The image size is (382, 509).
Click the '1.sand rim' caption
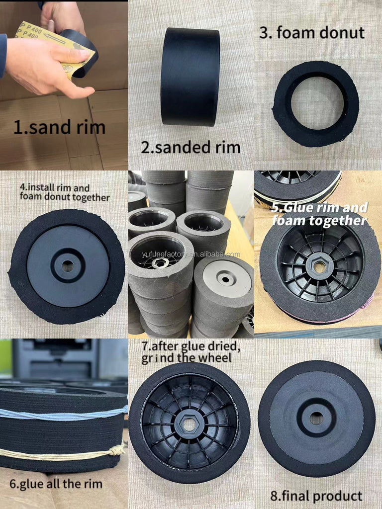click(59, 128)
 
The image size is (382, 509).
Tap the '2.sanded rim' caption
click(191, 148)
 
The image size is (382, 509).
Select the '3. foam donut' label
click(312, 33)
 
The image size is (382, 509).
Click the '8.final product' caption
click(316, 497)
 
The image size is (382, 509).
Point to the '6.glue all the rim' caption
click(56, 484)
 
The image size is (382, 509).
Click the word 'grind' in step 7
click(158, 358)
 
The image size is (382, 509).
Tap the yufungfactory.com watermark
click(191, 254)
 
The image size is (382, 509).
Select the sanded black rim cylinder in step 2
click(190, 77)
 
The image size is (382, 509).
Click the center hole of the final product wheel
click(316, 419)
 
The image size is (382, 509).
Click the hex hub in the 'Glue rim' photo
click(319, 267)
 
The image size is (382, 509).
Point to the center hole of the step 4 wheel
click(68, 266)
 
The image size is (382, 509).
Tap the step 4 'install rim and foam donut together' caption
click(64, 192)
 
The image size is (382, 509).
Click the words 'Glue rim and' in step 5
click(319, 208)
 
